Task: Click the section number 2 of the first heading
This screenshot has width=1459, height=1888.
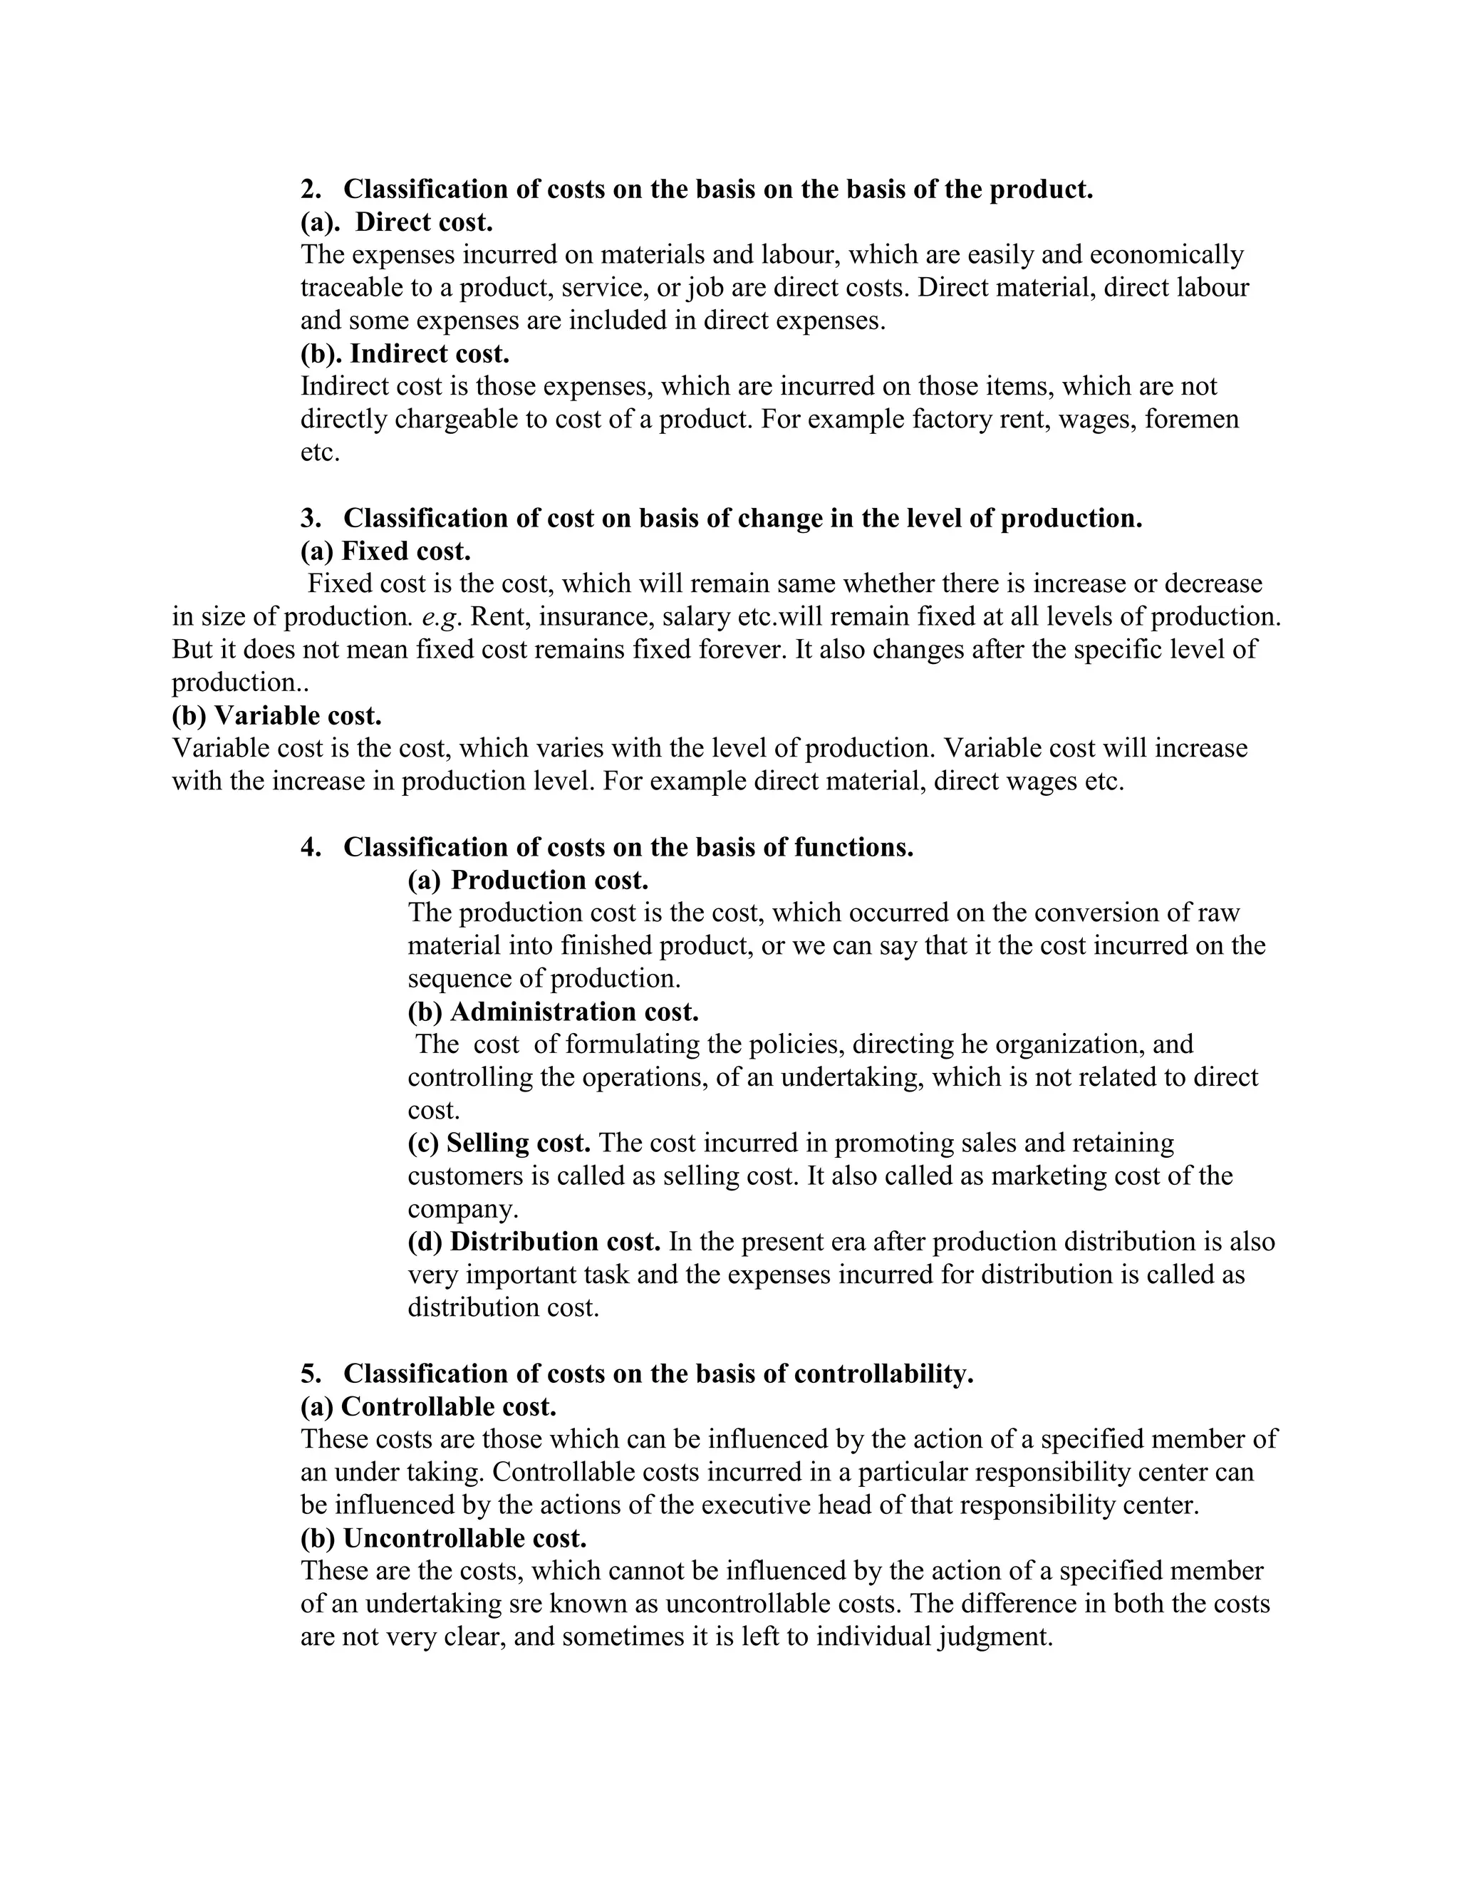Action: (308, 190)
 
